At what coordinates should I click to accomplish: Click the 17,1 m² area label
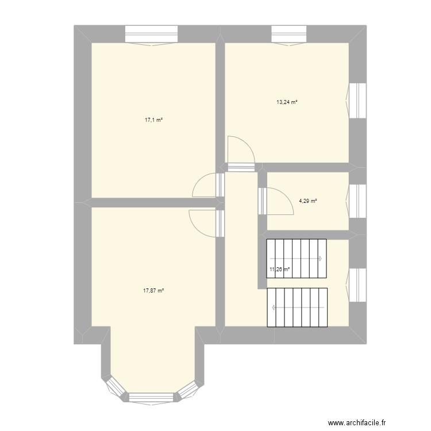(153, 120)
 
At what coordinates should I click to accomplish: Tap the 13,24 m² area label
(287, 102)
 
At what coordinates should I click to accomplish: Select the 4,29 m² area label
(307, 201)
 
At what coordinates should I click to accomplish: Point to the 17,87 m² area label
(153, 291)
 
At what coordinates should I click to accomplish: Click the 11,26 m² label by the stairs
(279, 268)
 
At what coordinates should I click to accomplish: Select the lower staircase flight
(298, 307)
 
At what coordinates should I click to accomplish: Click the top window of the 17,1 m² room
(152, 34)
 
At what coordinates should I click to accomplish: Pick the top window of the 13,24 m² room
(290, 34)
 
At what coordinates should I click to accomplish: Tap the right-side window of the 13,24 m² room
(359, 101)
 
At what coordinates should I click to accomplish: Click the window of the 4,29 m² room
(359, 201)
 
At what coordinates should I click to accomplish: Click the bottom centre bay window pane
(151, 397)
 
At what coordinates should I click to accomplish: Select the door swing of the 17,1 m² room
(204, 186)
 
